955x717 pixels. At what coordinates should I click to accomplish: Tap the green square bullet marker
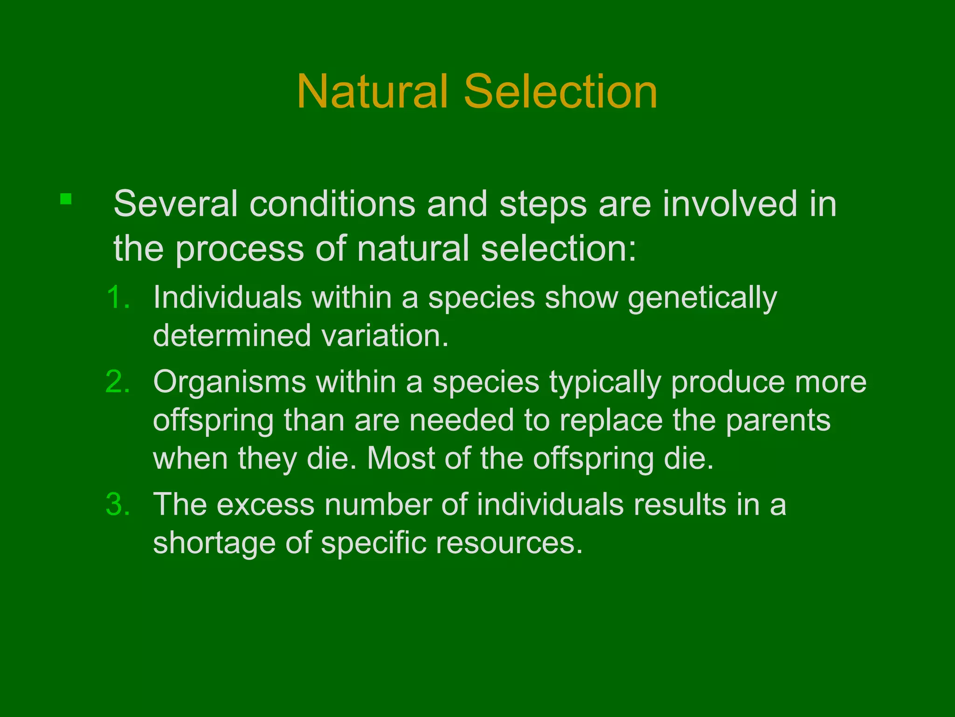tap(66, 199)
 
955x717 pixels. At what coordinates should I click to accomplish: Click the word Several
tap(175, 204)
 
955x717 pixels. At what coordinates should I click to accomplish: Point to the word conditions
tap(332, 204)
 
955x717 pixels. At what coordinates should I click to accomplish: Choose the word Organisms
tap(229, 383)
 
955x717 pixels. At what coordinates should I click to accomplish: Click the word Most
tap(401, 458)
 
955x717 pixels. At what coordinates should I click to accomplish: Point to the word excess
tap(265, 505)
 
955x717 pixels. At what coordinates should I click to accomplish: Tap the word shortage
tap(214, 544)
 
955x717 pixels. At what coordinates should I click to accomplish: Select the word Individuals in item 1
tap(227, 297)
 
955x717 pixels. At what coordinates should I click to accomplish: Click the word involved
tap(730, 204)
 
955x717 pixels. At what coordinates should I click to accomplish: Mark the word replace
tap(611, 421)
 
